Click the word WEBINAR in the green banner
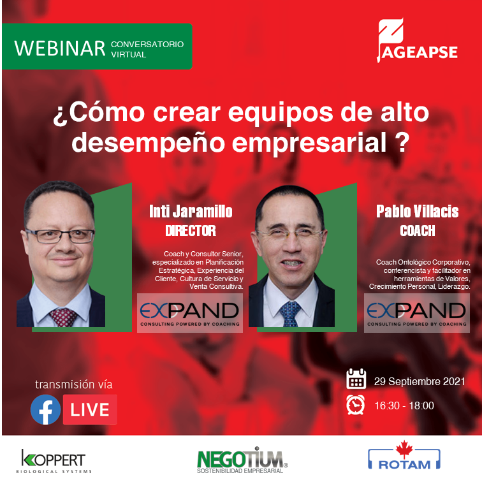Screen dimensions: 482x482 [x=59, y=48]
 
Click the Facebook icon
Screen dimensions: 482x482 [x=46, y=410]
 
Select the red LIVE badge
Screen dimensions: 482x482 [x=89, y=410]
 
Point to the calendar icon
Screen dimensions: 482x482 [x=356, y=381]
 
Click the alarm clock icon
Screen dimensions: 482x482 [x=356, y=405]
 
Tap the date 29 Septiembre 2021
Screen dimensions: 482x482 [x=419, y=381]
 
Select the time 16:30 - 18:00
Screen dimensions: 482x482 [x=404, y=405]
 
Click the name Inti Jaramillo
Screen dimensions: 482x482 [x=190, y=212]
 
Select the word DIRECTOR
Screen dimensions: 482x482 [x=191, y=230]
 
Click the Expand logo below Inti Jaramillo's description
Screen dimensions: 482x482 [x=189, y=313]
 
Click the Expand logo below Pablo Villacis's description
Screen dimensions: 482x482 [x=416, y=313]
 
